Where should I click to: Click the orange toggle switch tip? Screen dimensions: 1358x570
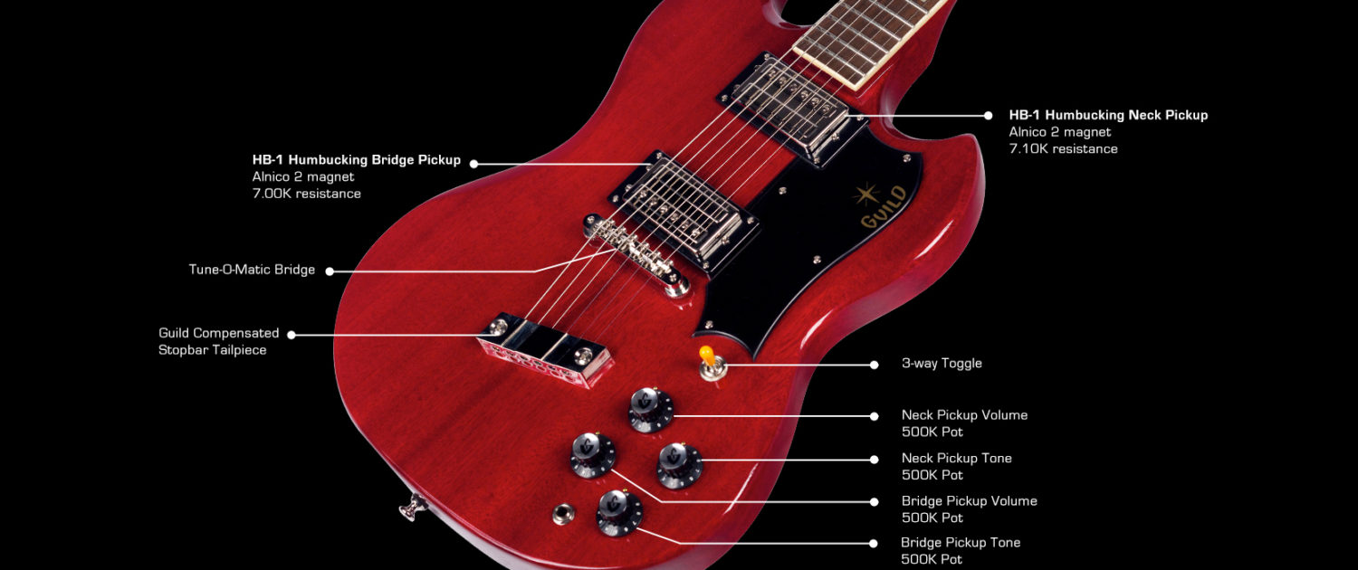pos(706,355)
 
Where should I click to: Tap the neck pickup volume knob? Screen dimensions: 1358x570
pos(651,410)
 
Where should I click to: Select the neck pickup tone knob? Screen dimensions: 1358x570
pos(680,465)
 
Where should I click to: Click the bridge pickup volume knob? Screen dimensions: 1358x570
pos(592,455)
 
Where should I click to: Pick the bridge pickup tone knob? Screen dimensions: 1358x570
pos(619,513)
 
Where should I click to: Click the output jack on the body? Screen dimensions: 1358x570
pos(563,514)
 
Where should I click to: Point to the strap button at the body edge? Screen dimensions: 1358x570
pos(413,508)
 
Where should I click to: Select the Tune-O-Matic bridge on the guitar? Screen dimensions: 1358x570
pos(636,255)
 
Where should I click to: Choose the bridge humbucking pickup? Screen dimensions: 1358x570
pos(684,212)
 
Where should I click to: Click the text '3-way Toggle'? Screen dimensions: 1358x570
pos(942,364)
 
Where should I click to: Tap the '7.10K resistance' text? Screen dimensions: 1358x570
pos(1064,149)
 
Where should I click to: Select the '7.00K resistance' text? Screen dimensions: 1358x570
pos(307,194)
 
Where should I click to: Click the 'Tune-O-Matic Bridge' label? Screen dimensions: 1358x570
pos(252,270)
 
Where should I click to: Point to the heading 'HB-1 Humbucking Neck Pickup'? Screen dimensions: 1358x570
pos(1108,115)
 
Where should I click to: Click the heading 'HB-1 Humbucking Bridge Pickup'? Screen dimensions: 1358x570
pos(357,160)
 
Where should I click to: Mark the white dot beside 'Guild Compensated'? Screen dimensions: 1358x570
pos(292,335)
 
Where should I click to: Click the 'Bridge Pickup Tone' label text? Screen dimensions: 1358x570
pos(961,543)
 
